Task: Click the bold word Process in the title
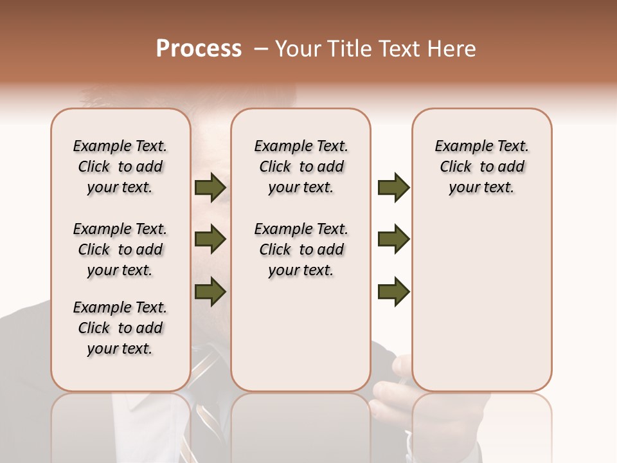[199, 48]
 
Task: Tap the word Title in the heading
[348, 49]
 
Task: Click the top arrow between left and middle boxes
[210, 187]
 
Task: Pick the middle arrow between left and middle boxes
[210, 239]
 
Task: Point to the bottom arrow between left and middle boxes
[210, 291]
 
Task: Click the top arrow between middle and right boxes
[393, 187]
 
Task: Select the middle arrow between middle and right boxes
[393, 239]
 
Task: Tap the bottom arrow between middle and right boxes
[393, 291]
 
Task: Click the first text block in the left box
[120, 167]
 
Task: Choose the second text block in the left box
[120, 250]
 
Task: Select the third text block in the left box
[120, 328]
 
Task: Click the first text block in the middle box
[301, 167]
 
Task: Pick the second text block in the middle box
[301, 250]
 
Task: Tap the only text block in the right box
[481, 167]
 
